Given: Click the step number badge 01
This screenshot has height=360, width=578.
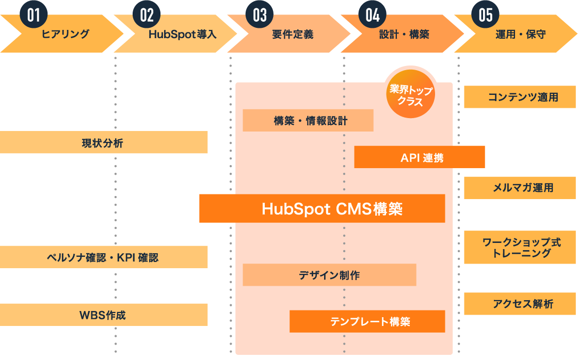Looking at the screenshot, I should tap(33, 14).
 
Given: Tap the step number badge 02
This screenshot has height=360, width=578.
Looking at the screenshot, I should tap(147, 14).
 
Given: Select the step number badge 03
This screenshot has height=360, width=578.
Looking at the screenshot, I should tap(260, 14).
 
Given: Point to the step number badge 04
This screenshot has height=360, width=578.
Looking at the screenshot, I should tap(373, 14).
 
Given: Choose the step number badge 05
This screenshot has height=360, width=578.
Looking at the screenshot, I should tap(486, 14).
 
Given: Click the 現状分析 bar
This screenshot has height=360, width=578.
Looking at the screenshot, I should tap(103, 142).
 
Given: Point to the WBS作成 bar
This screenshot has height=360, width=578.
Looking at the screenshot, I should tap(103, 315).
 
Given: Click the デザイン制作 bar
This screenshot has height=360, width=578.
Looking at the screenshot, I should tap(329, 275).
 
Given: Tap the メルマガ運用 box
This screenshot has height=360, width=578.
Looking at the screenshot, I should tap(520, 188).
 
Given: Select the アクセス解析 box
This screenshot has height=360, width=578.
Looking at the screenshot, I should tap(520, 304).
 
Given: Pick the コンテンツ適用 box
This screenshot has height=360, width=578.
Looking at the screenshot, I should tap(520, 97).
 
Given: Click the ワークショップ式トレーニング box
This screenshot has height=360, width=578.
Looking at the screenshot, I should tap(520, 247).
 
